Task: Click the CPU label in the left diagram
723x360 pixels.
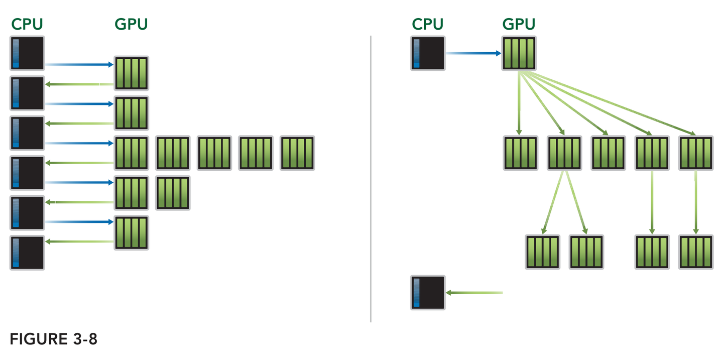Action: [x=27, y=24]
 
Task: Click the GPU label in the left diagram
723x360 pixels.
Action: [x=131, y=24]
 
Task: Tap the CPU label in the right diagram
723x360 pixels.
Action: [x=428, y=24]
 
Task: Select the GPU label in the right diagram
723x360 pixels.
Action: [x=519, y=24]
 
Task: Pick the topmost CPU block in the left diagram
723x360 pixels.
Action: [x=27, y=53]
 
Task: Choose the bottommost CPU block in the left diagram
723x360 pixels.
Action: [x=27, y=253]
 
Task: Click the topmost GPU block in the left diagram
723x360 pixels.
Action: [x=132, y=73]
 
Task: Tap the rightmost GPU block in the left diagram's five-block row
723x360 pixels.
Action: [x=297, y=153]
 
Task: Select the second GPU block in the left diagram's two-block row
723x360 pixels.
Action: [x=173, y=192]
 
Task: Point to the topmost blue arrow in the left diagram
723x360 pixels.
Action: [x=79, y=64]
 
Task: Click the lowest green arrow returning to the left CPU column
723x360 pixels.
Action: [x=79, y=242]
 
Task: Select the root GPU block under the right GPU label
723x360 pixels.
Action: [x=519, y=53]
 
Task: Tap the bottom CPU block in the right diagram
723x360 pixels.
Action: [x=428, y=292]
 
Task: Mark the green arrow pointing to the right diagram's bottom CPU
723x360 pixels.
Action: [x=474, y=292]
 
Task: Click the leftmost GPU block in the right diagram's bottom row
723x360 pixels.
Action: [x=542, y=252]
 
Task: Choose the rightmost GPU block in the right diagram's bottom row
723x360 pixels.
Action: [x=695, y=252]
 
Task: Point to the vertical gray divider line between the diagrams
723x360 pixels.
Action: [x=371, y=178]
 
